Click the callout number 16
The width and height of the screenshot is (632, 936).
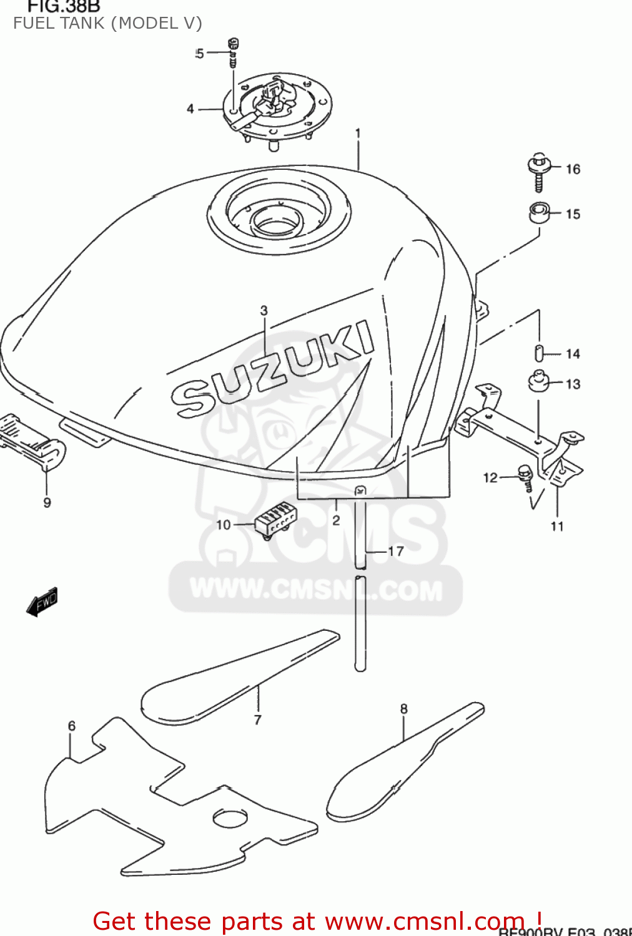(x=573, y=169)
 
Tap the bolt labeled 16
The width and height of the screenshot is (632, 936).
(x=538, y=171)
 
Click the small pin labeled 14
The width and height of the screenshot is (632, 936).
(x=538, y=352)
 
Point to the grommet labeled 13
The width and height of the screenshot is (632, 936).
(x=538, y=381)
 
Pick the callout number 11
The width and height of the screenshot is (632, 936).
(x=557, y=526)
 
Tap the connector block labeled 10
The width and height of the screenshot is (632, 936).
(x=275, y=519)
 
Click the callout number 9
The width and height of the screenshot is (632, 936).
(x=47, y=502)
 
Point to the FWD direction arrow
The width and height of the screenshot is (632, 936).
(x=42, y=603)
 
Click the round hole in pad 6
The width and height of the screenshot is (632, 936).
(x=230, y=818)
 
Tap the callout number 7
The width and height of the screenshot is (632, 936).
(x=257, y=719)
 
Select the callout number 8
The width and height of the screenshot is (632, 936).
(x=404, y=709)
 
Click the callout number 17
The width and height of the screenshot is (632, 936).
(x=396, y=551)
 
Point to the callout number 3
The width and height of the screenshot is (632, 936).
(x=264, y=310)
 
